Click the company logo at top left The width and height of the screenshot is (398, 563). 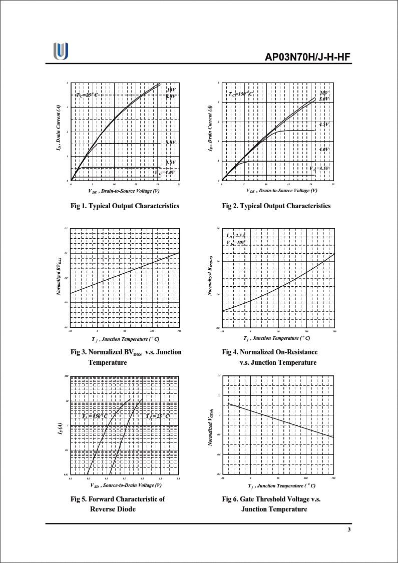[61, 51]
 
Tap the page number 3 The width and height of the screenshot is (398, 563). [349, 530]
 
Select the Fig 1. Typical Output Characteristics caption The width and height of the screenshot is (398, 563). [125, 206]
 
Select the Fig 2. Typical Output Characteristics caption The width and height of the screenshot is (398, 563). [276, 206]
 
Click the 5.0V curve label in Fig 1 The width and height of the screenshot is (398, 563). [171, 143]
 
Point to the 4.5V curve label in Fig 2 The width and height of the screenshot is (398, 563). [324, 124]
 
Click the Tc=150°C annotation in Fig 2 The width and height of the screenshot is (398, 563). [241, 94]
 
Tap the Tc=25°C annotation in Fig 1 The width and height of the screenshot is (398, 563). [87, 95]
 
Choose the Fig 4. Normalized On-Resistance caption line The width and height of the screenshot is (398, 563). [269, 352]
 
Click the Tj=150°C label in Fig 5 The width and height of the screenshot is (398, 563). [95, 416]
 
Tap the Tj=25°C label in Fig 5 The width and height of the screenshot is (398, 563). [157, 416]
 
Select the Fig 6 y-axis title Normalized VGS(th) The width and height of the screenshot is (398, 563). [210, 425]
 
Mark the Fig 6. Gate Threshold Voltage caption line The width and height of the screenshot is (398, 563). [271, 499]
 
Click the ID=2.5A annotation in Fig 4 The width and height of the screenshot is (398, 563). [236, 235]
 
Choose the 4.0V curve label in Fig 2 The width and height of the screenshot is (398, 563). [324, 150]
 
